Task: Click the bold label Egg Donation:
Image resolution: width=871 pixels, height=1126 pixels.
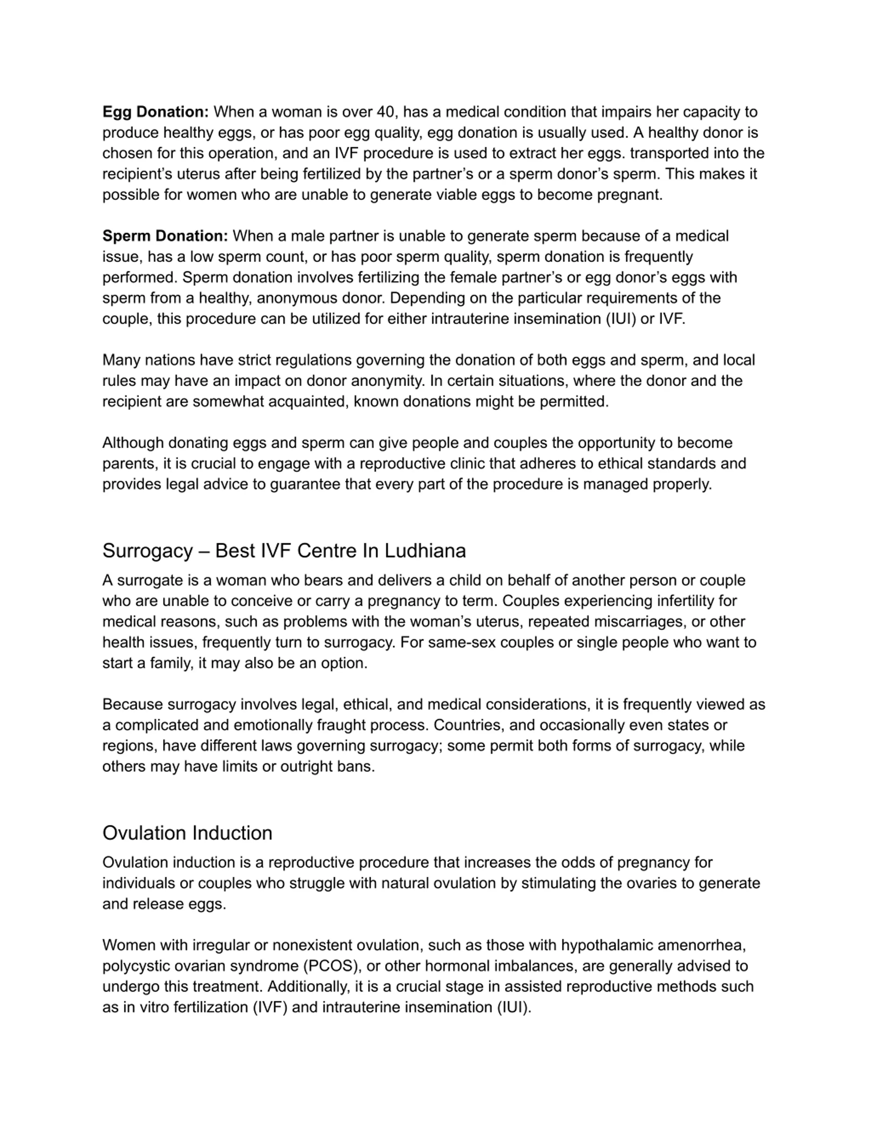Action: pyautogui.click(x=155, y=112)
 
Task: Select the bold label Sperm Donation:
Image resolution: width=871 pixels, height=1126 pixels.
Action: pyautogui.click(x=165, y=236)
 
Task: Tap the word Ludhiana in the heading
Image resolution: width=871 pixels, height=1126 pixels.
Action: pyautogui.click(x=425, y=551)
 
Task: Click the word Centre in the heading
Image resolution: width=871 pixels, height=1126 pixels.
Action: pyautogui.click(x=327, y=551)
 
